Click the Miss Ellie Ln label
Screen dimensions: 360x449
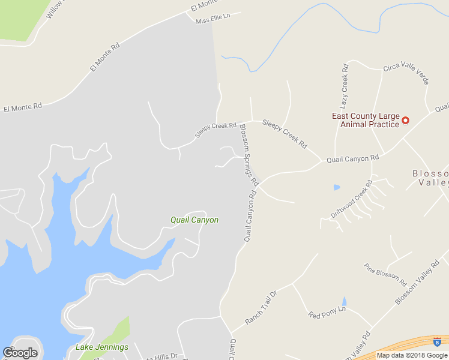click(213, 18)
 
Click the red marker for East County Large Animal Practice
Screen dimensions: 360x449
click(405, 120)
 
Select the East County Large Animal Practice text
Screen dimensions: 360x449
click(366, 120)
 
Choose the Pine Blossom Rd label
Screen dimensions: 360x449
click(385, 274)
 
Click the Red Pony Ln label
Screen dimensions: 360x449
click(328, 313)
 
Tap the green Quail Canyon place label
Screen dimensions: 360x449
click(194, 220)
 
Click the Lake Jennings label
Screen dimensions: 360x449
click(102, 347)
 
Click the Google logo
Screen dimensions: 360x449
click(20, 353)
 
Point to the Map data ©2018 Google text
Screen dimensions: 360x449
click(412, 355)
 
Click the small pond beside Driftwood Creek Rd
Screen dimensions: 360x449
click(337, 187)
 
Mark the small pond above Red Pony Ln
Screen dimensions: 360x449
click(344, 301)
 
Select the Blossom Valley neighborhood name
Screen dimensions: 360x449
click(430, 178)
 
